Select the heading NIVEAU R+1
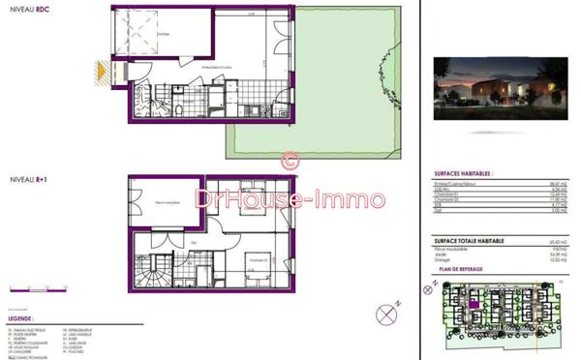[x=27, y=180]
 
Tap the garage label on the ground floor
[x=165, y=32]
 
